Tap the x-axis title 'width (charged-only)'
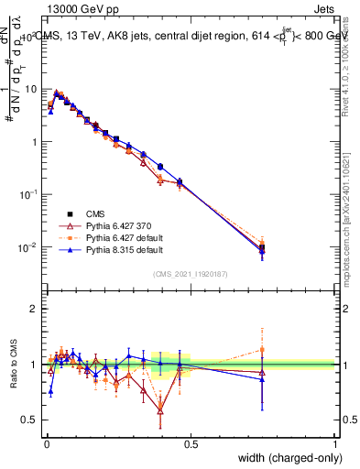pos(283,458)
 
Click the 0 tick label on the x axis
pos(46,444)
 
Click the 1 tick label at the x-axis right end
pos(334,444)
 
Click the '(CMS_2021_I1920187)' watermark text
pos(191,272)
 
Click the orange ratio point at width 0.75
pos(262,350)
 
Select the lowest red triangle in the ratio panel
pos(161,411)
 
